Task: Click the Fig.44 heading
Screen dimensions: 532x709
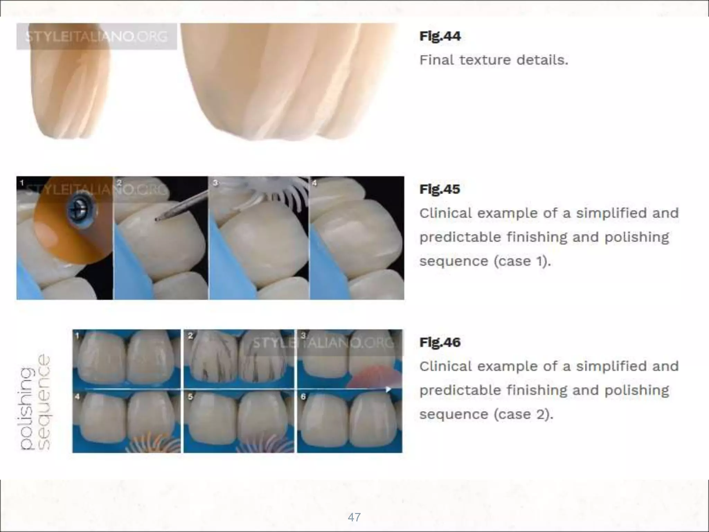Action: tap(440, 36)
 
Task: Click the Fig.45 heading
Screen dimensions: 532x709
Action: tap(440, 189)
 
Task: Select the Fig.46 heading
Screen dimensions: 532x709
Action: tap(440, 342)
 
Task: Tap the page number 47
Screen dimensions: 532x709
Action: tap(354, 517)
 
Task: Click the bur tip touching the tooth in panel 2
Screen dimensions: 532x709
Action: tap(158, 219)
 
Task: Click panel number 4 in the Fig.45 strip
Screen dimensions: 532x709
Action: tap(314, 183)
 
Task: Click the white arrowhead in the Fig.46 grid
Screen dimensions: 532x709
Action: tap(388, 389)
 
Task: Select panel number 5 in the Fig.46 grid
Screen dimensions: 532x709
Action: tap(190, 397)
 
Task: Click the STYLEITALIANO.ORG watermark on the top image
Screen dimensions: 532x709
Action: tap(97, 36)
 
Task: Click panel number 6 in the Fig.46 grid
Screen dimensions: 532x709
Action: tap(303, 397)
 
